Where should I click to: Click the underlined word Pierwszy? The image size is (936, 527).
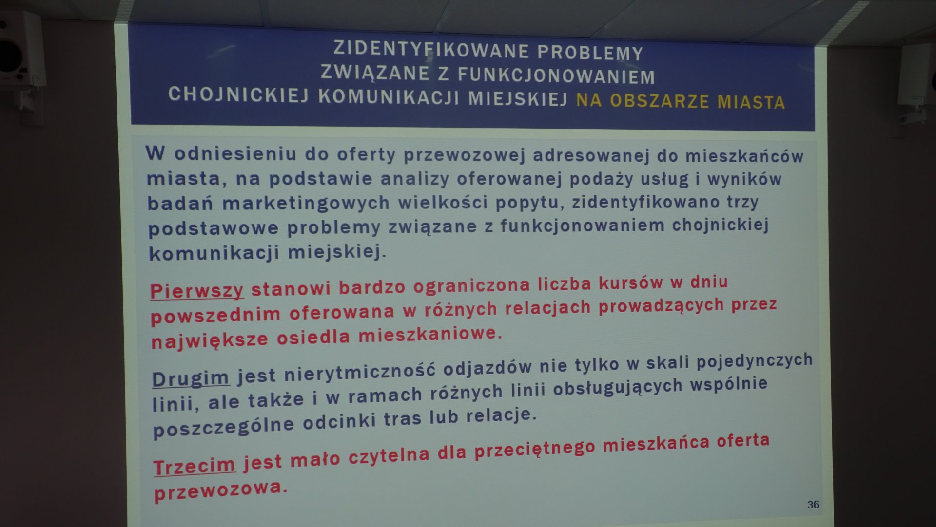coord(196,291)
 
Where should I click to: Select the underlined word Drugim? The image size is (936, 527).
coord(190,378)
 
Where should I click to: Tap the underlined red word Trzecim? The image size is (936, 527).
coord(195,466)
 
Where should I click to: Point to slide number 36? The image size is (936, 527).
coord(813,505)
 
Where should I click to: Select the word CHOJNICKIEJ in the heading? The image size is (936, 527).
coord(238,94)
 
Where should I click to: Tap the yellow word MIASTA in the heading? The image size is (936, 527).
coord(751,102)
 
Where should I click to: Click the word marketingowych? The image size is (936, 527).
coord(306,203)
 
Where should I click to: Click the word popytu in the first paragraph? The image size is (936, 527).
coord(530,202)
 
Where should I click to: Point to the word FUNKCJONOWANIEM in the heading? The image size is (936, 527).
coord(556,75)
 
